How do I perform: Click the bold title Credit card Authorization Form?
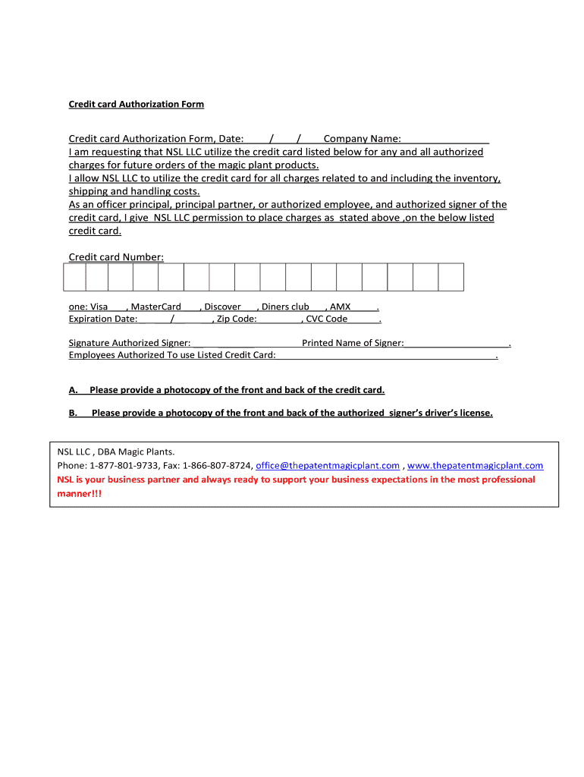(137, 104)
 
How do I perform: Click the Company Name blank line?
(445, 140)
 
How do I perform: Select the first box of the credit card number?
(74, 277)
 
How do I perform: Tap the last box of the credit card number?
(451, 277)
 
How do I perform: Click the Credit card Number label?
(116, 257)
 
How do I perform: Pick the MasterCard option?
(156, 307)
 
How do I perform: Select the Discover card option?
(222, 307)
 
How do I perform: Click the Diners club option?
(285, 307)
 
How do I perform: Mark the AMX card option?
(341, 307)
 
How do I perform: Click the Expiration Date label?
(103, 319)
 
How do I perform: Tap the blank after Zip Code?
(279, 320)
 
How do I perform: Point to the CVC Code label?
(326, 319)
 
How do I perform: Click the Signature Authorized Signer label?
(130, 343)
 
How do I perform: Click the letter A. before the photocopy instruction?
(74, 390)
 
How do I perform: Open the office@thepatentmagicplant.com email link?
(328, 465)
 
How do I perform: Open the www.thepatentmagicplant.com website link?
(476, 465)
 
